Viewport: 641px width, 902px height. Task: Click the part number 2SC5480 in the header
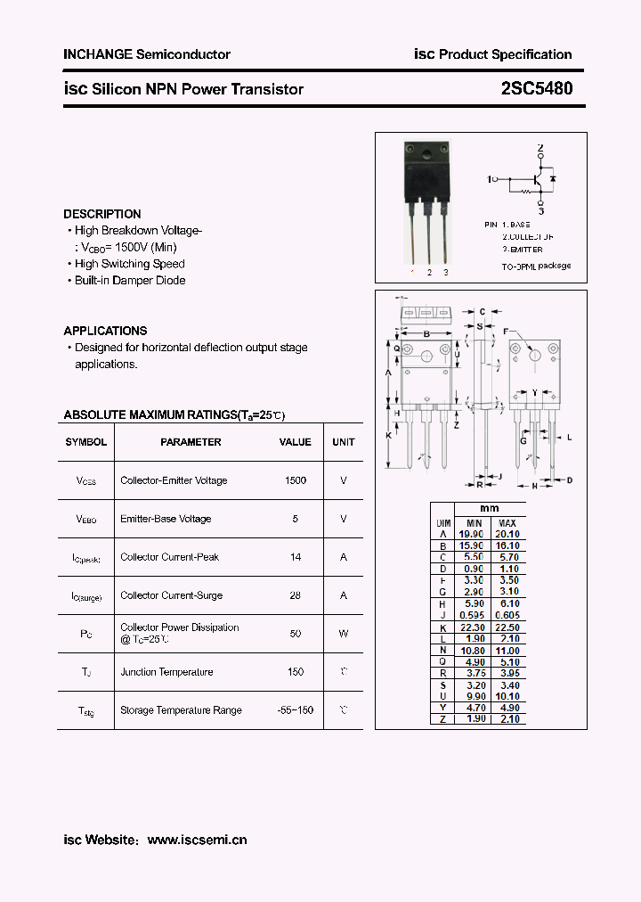pyautogui.click(x=537, y=88)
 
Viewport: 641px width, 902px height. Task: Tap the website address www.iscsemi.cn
pyautogui.click(x=197, y=840)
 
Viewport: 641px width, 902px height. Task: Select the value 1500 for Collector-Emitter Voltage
pyautogui.click(x=296, y=480)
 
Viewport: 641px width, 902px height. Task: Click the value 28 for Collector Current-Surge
pyautogui.click(x=296, y=595)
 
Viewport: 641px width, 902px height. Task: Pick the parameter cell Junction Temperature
pyautogui.click(x=166, y=672)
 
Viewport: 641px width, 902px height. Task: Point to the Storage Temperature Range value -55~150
pyautogui.click(x=296, y=710)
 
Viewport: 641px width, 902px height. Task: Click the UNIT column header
pyautogui.click(x=344, y=442)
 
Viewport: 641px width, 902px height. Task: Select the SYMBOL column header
pyautogui.click(x=86, y=442)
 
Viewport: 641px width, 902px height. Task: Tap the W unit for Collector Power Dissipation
pyautogui.click(x=344, y=634)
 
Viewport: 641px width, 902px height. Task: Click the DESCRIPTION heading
pyautogui.click(x=102, y=214)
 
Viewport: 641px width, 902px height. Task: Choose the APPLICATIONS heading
pyautogui.click(x=105, y=331)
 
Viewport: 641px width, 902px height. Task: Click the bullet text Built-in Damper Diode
pyautogui.click(x=130, y=280)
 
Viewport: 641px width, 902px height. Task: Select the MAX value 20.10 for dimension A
pyautogui.click(x=507, y=533)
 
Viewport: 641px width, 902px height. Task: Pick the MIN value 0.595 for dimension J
pyautogui.click(x=474, y=615)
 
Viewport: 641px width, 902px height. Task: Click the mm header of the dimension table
pyautogui.click(x=490, y=508)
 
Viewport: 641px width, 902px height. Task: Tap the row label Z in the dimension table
pyautogui.click(x=442, y=718)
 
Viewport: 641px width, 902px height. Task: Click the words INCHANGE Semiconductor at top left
pyautogui.click(x=147, y=54)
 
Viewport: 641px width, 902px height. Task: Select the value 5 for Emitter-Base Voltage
pyautogui.click(x=296, y=519)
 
